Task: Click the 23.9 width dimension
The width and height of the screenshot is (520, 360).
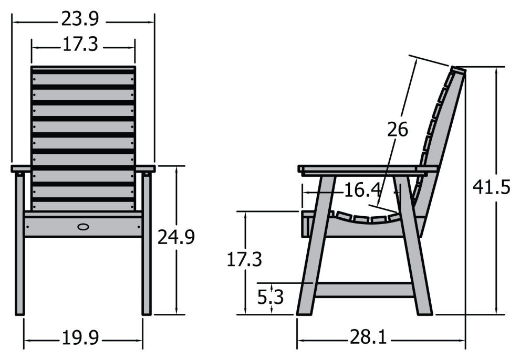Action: (79, 19)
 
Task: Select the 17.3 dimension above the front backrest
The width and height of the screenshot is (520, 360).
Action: (80, 45)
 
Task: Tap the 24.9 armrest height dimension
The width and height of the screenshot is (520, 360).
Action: (176, 237)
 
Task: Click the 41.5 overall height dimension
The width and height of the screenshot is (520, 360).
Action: (491, 187)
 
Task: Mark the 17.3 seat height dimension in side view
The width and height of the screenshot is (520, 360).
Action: (244, 259)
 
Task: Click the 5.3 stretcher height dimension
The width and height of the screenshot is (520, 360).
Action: (271, 298)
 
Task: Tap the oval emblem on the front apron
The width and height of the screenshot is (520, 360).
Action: (84, 227)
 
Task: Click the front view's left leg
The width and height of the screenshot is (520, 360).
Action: (20, 247)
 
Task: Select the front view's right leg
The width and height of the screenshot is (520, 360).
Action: (146, 247)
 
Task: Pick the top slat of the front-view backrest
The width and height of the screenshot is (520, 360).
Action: (83, 69)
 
